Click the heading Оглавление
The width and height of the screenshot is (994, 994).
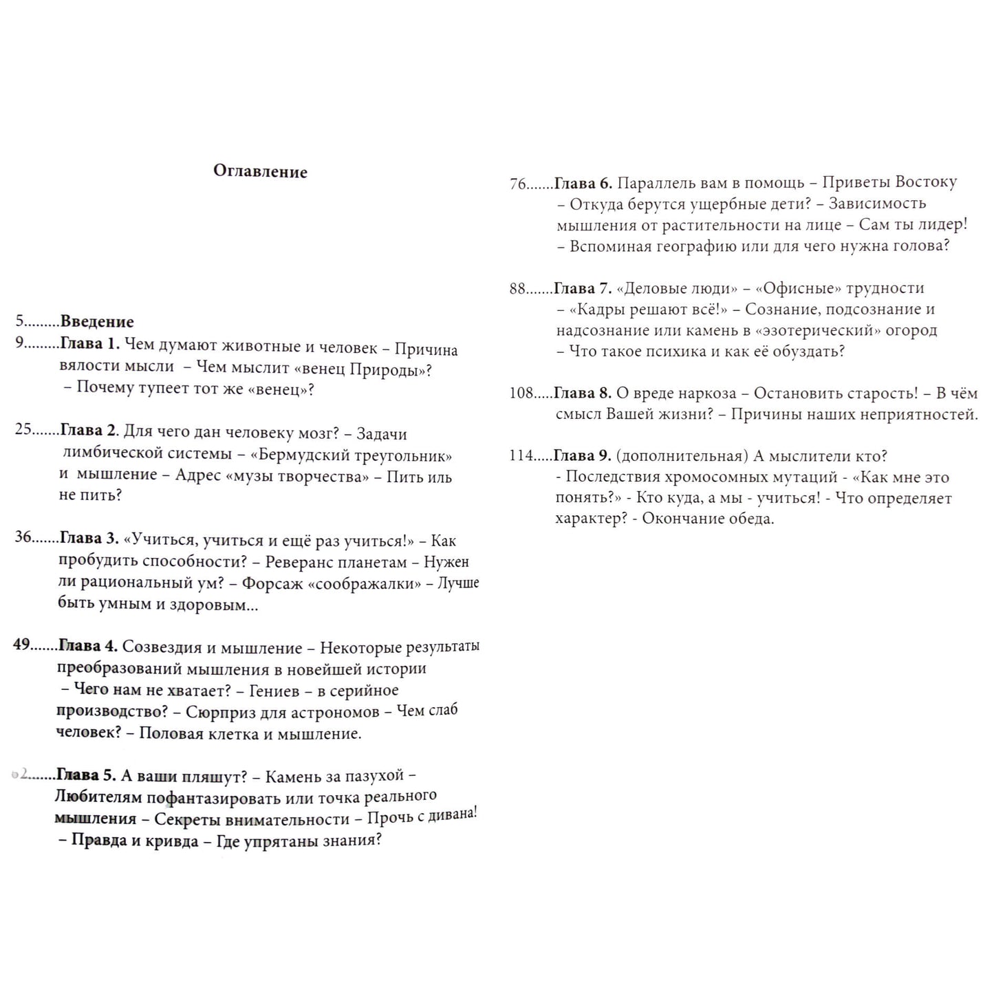click(x=260, y=171)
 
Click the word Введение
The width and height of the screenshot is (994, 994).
click(x=97, y=321)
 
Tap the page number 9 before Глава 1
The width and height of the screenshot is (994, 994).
click(x=20, y=343)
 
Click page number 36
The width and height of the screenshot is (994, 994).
click(x=23, y=537)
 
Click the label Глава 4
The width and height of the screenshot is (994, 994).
click(x=88, y=646)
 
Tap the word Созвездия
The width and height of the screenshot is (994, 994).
click(x=162, y=647)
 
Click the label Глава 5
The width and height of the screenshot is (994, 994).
click(x=86, y=775)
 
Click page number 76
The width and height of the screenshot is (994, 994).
click(x=518, y=184)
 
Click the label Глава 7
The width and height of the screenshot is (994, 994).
click(x=582, y=288)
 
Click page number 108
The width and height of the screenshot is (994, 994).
click(x=521, y=393)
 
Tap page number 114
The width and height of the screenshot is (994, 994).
click(x=521, y=455)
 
